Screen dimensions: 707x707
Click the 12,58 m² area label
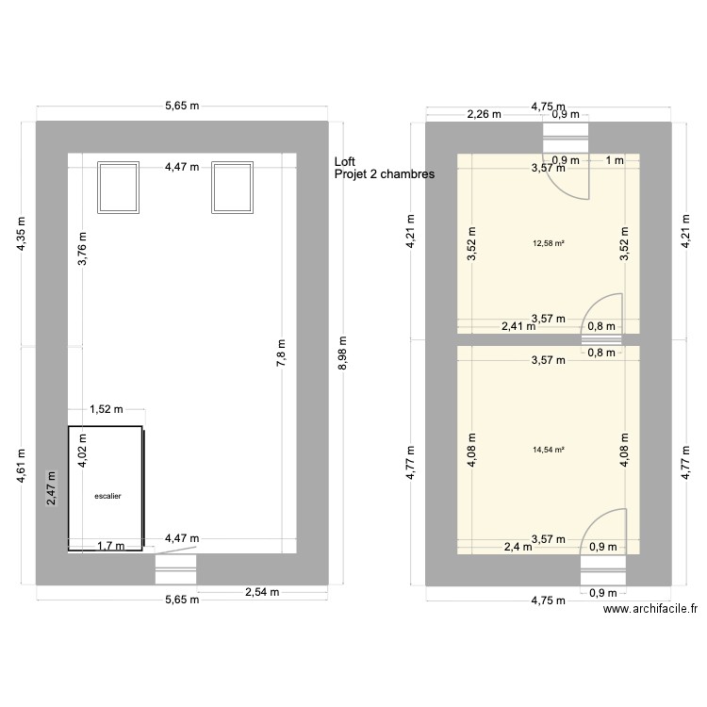[549, 243]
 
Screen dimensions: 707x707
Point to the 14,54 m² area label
[549, 450]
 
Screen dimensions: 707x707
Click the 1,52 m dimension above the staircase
[106, 409]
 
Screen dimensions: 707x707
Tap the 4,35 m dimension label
[23, 236]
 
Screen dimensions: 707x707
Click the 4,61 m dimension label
[23, 466]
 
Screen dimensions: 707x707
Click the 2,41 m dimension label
[517, 328]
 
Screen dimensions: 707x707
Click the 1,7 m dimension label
[110, 545]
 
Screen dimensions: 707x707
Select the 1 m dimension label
[615, 160]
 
